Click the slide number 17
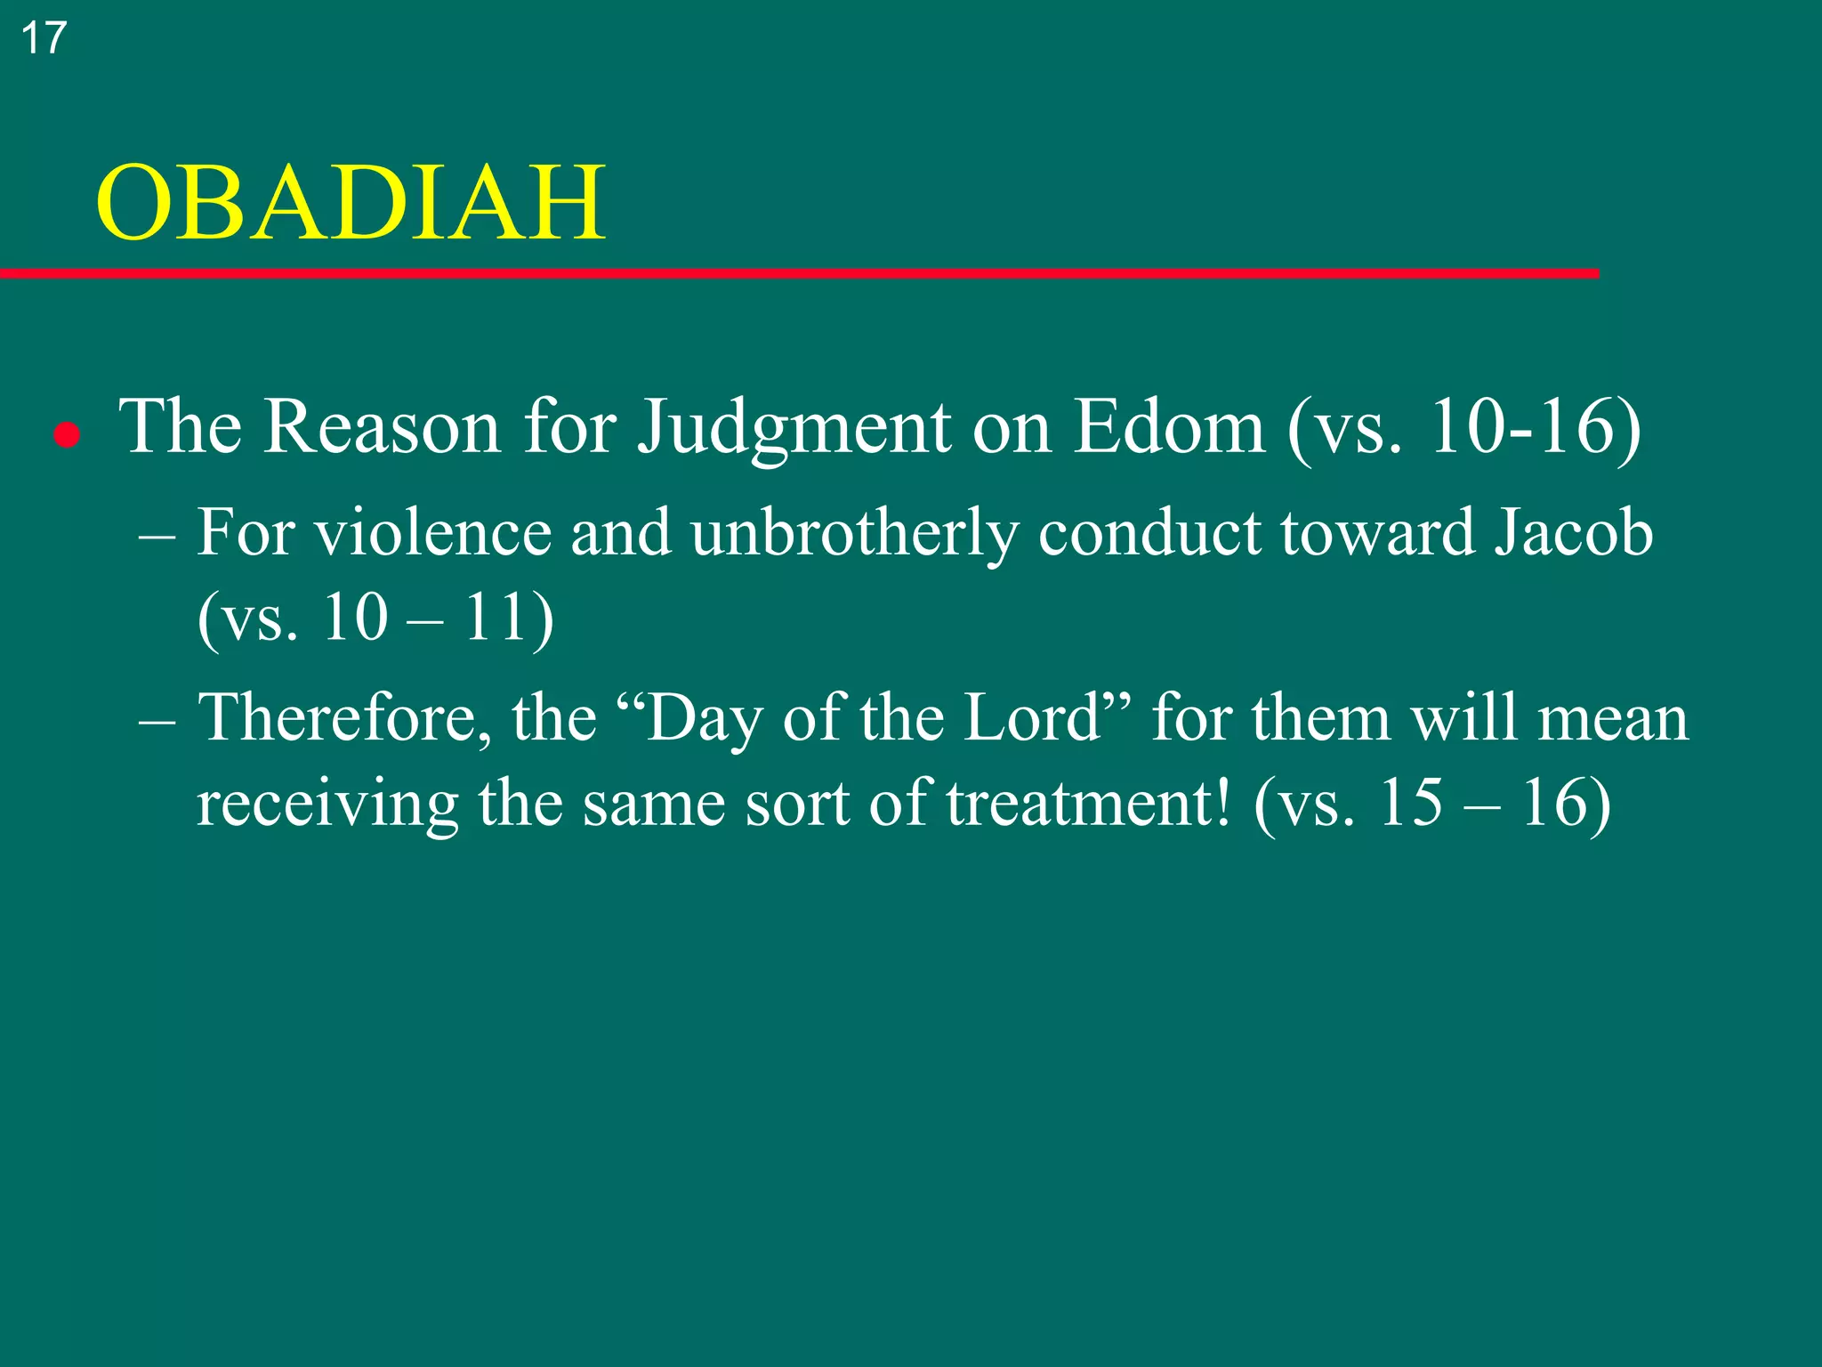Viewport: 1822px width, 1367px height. (43, 38)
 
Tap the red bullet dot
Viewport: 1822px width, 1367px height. (67, 436)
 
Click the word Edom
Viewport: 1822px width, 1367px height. (1168, 427)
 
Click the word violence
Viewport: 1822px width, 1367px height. (433, 532)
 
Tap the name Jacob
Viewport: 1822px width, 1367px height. (1573, 532)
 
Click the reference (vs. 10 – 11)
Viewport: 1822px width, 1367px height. (375, 618)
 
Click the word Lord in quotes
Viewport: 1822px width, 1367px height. (1033, 717)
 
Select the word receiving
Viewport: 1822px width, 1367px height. (327, 804)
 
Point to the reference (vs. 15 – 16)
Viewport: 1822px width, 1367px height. (1431, 804)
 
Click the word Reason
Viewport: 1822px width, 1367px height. (382, 427)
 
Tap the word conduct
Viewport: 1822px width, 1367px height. (1149, 532)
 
